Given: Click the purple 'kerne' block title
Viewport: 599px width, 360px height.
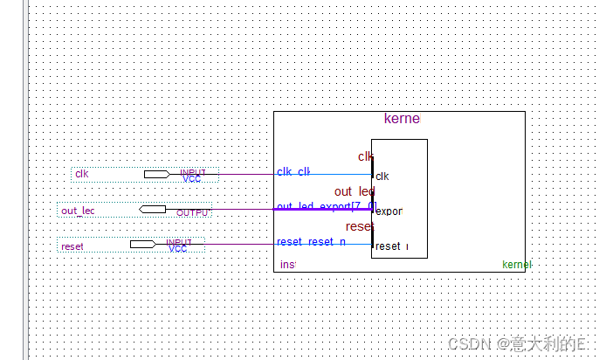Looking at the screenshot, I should (x=402, y=119).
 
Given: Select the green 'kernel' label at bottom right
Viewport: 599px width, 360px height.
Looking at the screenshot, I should (x=516, y=264).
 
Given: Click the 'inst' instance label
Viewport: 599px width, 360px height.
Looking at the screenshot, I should (x=287, y=264).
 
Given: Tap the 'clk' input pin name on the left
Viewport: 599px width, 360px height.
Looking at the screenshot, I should (x=82, y=174).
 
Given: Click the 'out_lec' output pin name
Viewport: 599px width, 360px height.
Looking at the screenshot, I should (x=78, y=211).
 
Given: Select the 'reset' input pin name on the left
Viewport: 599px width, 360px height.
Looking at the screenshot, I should (x=72, y=246).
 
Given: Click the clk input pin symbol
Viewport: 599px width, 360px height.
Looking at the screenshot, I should (x=156, y=174).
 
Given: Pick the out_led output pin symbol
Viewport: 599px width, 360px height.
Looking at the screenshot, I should (x=153, y=209).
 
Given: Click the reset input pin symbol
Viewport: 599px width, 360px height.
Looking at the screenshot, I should (x=142, y=244).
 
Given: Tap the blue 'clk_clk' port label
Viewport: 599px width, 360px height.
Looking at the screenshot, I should (x=293, y=171).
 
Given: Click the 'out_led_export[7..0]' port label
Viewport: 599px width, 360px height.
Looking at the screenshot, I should (x=326, y=206).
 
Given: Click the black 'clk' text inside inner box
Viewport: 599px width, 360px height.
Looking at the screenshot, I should (x=382, y=177).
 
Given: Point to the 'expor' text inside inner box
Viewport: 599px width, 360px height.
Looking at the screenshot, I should (x=389, y=211).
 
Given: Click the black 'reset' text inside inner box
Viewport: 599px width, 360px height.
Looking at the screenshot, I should (x=389, y=246).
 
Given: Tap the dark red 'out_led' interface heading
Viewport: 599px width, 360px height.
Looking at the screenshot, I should (x=354, y=191).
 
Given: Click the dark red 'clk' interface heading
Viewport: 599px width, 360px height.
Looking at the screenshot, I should (x=365, y=156).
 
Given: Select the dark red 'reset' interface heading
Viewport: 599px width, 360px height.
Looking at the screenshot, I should (x=359, y=227).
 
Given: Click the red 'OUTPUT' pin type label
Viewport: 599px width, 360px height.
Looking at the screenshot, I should (x=192, y=213).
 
